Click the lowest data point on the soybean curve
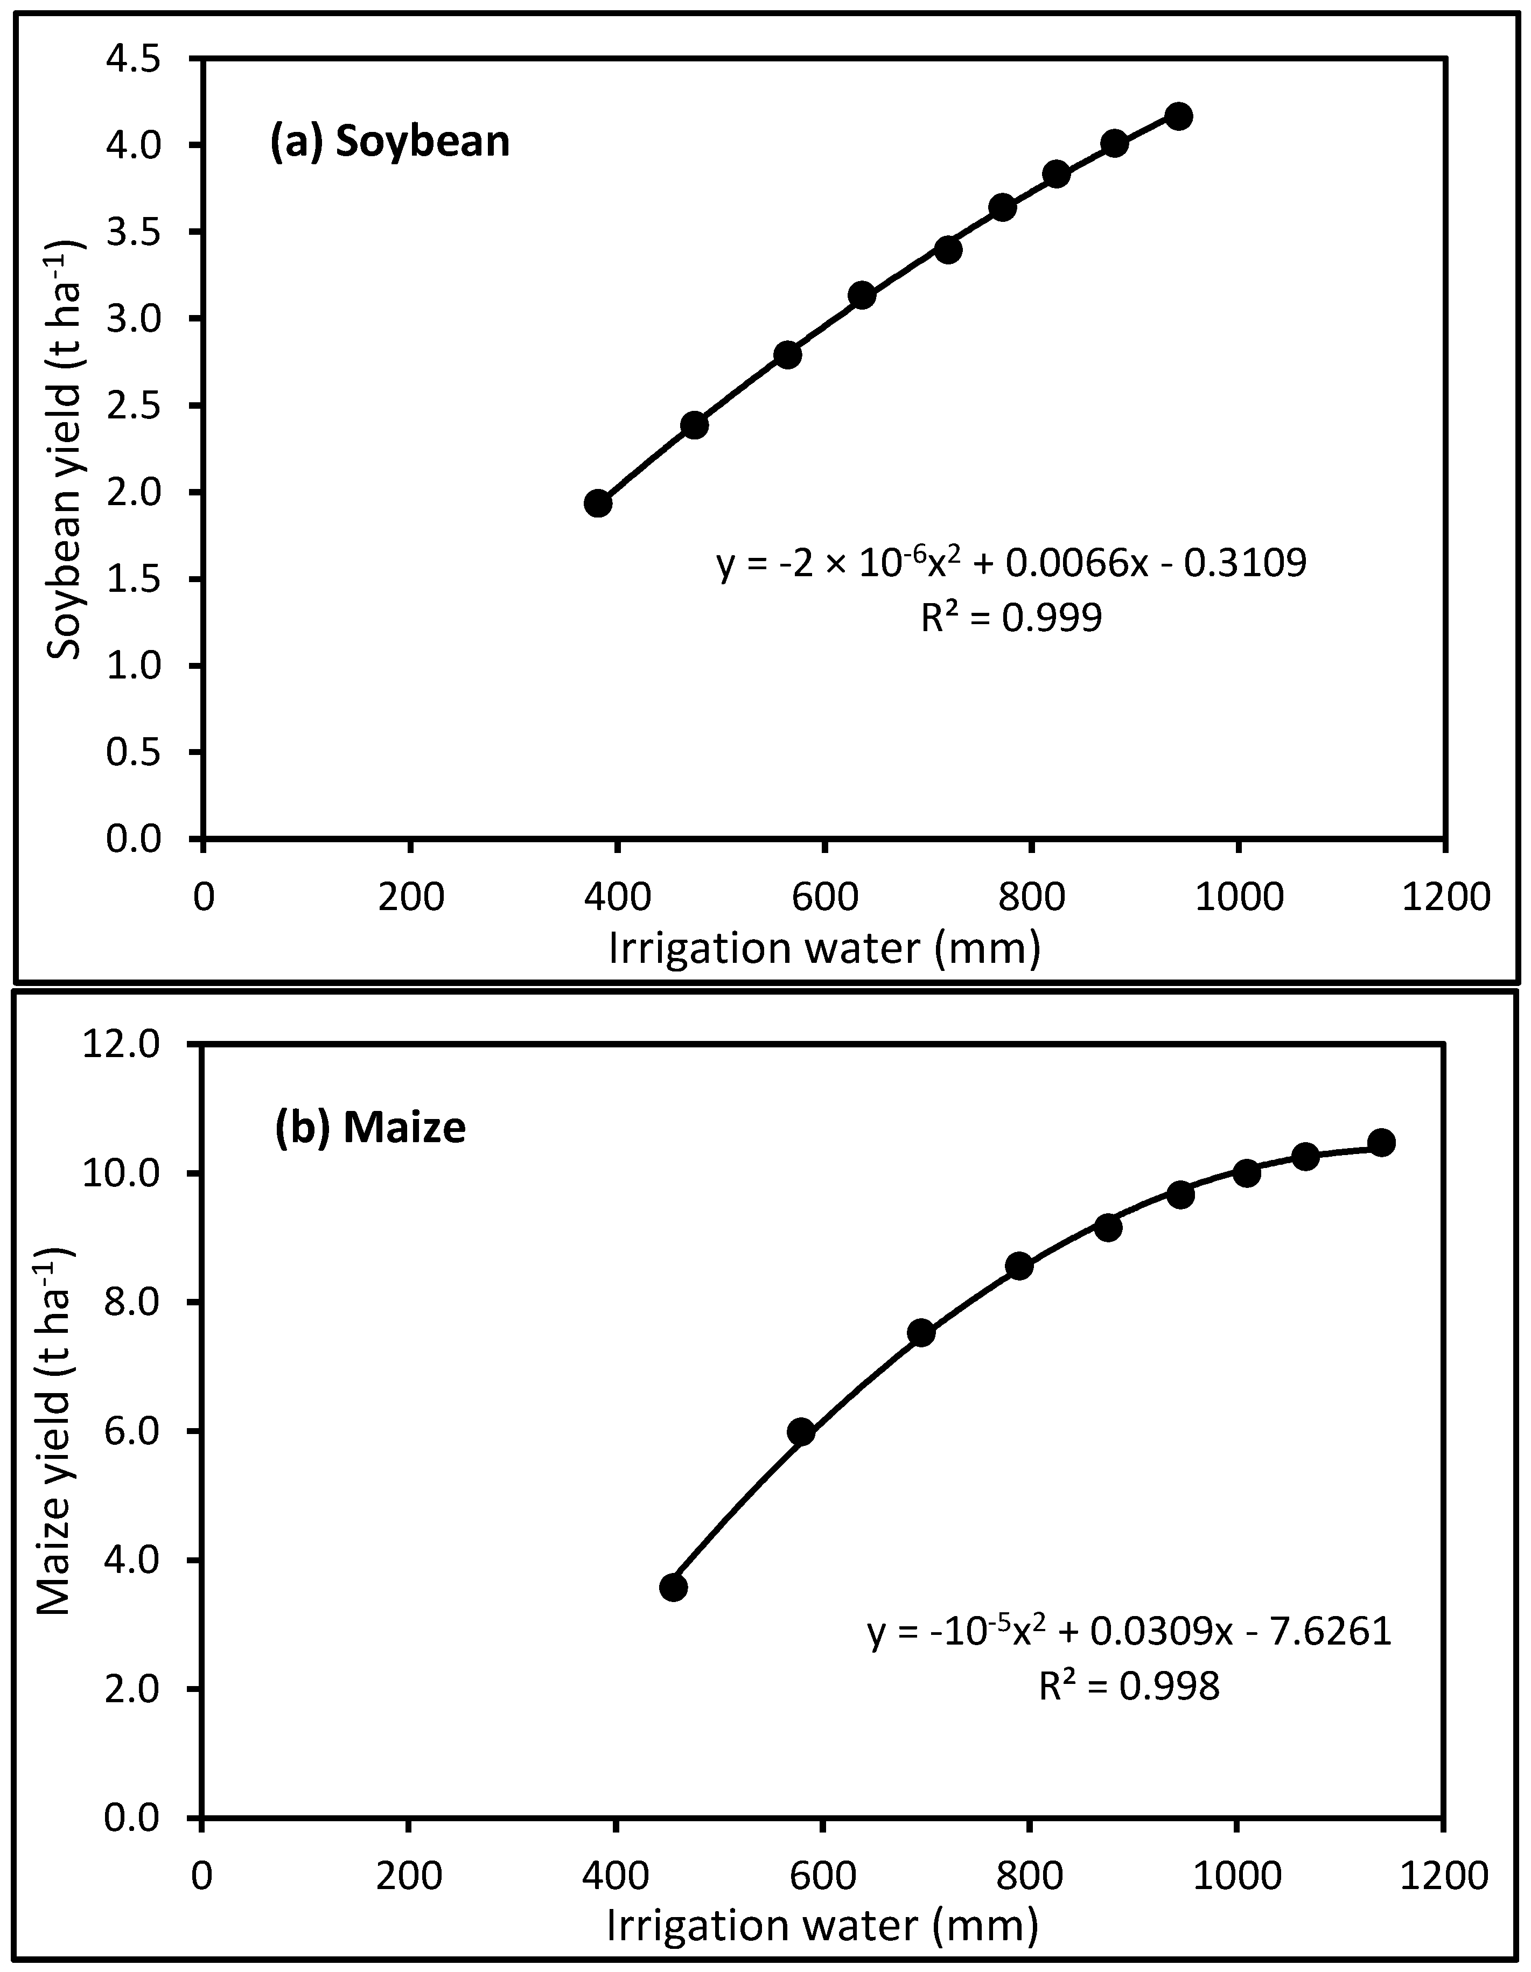[x=598, y=503]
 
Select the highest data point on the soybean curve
[x=1179, y=116]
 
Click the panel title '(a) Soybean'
[x=390, y=143]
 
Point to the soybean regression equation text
[x=1011, y=563]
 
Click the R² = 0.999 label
[x=1011, y=619]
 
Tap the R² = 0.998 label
[x=1128, y=1685]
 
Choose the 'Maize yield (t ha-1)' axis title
[x=56, y=1431]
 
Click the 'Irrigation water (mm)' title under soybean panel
[x=823, y=949]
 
